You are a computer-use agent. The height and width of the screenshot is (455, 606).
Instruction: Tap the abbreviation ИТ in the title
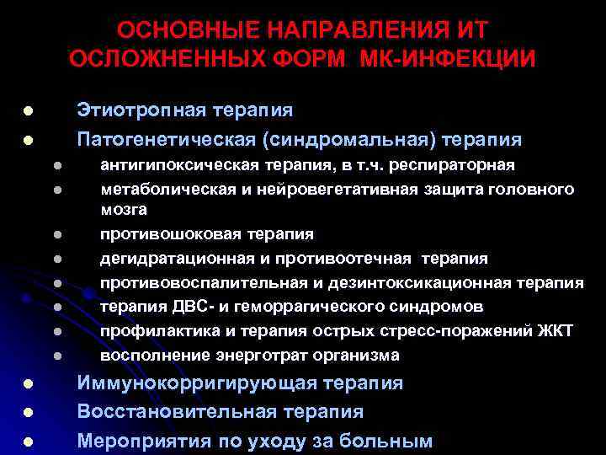[x=472, y=30]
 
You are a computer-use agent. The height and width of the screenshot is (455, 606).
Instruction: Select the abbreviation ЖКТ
[x=556, y=331]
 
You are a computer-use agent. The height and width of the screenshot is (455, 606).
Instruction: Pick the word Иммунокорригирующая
[x=193, y=383]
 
